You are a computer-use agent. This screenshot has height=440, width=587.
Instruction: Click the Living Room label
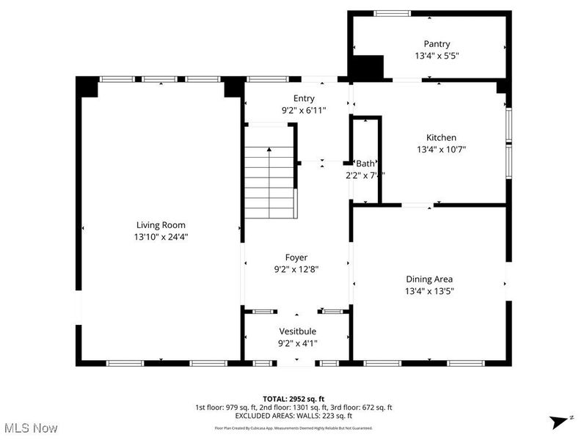pyautogui.click(x=161, y=225)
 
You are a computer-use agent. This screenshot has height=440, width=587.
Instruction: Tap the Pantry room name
pyautogui.click(x=437, y=44)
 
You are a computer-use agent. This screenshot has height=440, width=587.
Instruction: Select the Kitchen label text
pyautogui.click(x=441, y=137)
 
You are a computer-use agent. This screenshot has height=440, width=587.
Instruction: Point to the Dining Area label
pyautogui.click(x=429, y=279)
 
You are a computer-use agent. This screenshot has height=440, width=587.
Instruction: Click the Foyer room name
pyautogui.click(x=296, y=257)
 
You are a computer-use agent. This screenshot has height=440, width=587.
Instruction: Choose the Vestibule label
pyautogui.click(x=297, y=331)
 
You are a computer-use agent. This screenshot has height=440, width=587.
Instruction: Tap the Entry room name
pyautogui.click(x=304, y=98)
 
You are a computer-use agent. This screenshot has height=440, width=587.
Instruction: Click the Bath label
pyautogui.click(x=365, y=164)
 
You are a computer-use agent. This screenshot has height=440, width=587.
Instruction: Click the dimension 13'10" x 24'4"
pyautogui.click(x=161, y=237)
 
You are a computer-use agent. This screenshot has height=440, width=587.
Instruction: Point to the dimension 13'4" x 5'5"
pyautogui.click(x=437, y=56)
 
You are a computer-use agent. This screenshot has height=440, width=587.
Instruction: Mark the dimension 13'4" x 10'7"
pyautogui.click(x=441, y=149)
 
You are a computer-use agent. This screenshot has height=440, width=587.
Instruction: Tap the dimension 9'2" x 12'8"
pyautogui.click(x=296, y=269)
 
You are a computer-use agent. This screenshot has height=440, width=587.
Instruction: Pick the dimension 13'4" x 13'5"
pyautogui.click(x=429, y=290)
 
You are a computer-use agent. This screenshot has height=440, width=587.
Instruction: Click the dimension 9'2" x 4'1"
pyautogui.click(x=297, y=343)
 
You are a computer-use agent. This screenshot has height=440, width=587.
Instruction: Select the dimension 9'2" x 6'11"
pyautogui.click(x=304, y=110)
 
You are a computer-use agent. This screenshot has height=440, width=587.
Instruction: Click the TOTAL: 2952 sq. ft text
pyautogui.click(x=293, y=399)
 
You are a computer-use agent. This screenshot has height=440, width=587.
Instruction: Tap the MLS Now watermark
pyautogui.click(x=30, y=428)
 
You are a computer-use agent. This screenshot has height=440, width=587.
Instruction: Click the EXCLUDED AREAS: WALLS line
pyautogui.click(x=293, y=415)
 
